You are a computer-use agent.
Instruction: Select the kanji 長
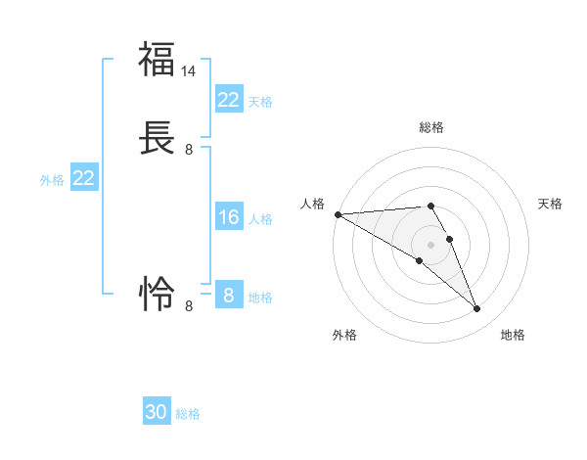click(x=157, y=138)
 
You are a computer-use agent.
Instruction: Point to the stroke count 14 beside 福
click(x=189, y=71)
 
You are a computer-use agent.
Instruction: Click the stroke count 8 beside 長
click(x=189, y=150)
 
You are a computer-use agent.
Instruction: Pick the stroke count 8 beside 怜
click(x=189, y=306)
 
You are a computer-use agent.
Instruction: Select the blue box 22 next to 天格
click(x=228, y=99)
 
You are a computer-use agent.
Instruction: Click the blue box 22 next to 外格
click(x=83, y=178)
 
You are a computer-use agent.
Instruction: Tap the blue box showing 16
click(x=228, y=217)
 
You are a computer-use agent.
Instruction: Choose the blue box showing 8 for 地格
click(x=228, y=295)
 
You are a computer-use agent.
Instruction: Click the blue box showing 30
click(x=157, y=412)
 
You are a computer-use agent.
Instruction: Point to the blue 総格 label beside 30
click(x=188, y=414)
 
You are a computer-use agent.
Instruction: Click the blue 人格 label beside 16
click(x=260, y=219)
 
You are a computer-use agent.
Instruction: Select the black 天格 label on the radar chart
click(x=550, y=204)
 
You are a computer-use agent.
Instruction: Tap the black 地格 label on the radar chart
click(x=513, y=335)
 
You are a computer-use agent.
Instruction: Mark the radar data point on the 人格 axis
click(x=338, y=214)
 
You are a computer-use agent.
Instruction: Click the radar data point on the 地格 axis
click(x=477, y=309)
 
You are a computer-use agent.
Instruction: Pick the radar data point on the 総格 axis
click(x=430, y=206)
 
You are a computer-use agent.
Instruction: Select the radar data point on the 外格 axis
click(x=419, y=260)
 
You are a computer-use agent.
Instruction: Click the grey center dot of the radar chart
click(x=430, y=244)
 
